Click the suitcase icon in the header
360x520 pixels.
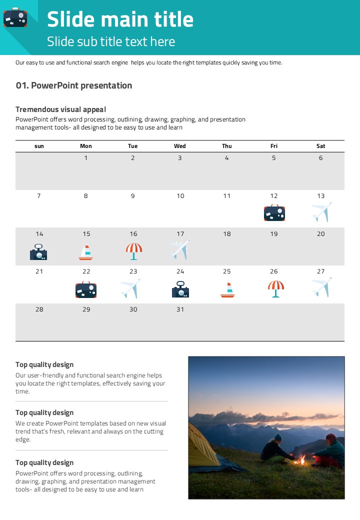pos(15,17)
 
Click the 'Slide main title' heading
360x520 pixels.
pos(120,19)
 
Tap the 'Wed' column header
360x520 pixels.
pos(180,146)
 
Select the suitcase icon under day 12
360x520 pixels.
pos(274,213)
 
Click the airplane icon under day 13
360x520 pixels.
pos(321,212)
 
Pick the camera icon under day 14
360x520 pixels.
pos(38,252)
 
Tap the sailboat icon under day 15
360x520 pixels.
pos(86,252)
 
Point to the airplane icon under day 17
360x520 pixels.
pos(180,249)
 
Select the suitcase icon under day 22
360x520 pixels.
pos(86,290)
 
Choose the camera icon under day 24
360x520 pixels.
pos(180,289)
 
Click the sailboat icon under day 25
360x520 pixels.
pos(227,290)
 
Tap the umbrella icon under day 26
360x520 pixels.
pos(275,288)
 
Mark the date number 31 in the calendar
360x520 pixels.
pos(180,309)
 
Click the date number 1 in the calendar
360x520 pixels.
pos(86,158)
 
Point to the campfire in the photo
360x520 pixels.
pos(301,459)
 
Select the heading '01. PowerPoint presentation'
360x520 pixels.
pos(74,85)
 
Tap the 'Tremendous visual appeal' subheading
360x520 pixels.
pos(60,109)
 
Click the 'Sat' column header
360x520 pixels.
pos(321,146)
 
